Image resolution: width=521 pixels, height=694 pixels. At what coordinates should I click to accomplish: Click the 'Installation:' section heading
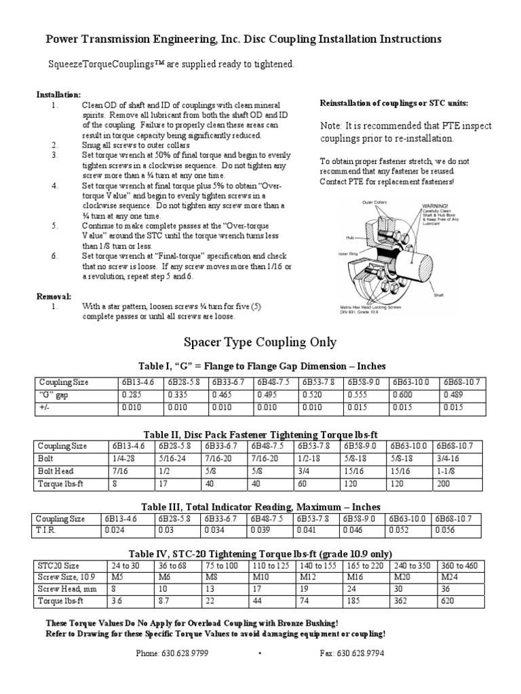coord(58,94)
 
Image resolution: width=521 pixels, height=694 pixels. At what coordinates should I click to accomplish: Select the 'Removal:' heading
coord(54,296)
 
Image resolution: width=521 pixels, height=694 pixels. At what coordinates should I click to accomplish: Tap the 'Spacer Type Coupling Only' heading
coord(260,342)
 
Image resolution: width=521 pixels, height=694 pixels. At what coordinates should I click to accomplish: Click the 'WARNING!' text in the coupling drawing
coord(437,204)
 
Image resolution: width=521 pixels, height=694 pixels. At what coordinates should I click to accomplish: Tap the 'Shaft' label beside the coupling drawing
coord(429,295)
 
